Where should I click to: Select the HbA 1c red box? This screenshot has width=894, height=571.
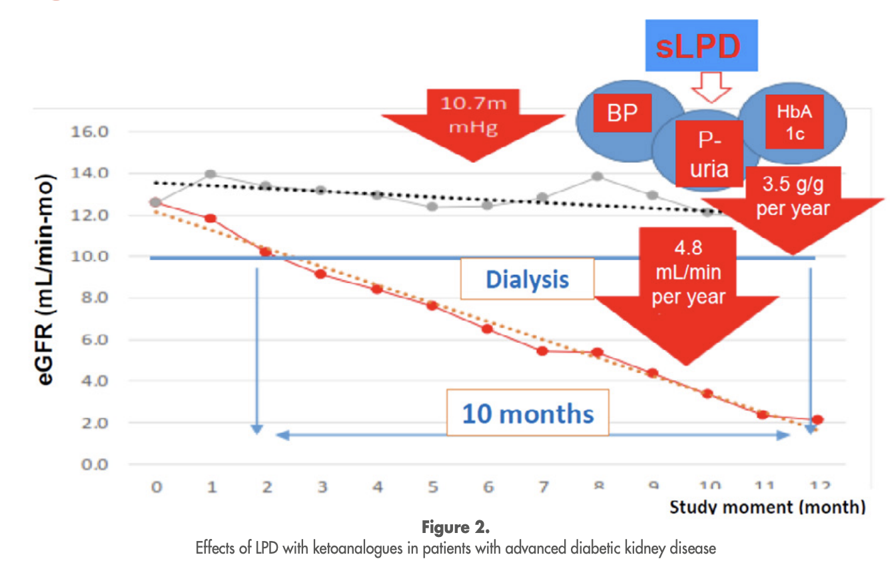click(x=795, y=123)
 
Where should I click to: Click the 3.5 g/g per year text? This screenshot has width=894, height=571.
click(x=793, y=196)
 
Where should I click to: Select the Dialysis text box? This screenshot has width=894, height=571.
click(x=527, y=279)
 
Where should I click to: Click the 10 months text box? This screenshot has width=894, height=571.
click(x=527, y=413)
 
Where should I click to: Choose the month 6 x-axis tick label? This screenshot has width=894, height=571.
click(x=488, y=488)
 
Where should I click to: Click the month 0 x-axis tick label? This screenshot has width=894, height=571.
click(x=156, y=488)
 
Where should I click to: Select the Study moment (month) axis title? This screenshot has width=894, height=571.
click(x=767, y=508)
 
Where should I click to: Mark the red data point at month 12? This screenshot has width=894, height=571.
click(x=817, y=420)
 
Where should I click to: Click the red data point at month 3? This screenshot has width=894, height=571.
click(x=321, y=273)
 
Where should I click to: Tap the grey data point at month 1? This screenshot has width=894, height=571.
click(x=211, y=174)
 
